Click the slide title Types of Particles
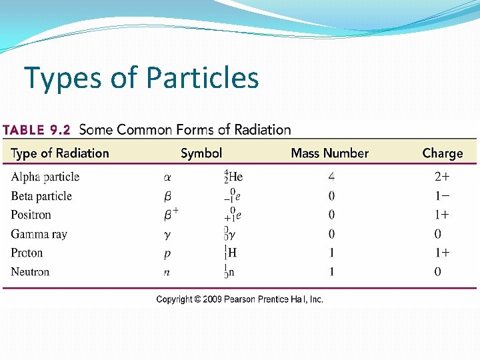point(141,78)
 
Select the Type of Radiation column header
point(60,153)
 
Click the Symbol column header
point(201,153)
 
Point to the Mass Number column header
point(329,153)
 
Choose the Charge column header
point(442,153)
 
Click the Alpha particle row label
point(45,177)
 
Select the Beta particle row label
point(41,196)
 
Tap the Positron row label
point(31,215)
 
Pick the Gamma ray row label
point(39,234)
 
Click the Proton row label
point(27,253)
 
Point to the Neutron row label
point(30,272)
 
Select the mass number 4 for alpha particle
point(331,177)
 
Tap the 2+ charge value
point(441,177)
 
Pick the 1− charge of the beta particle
point(441,196)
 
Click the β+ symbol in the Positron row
point(171,214)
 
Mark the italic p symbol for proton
point(167,253)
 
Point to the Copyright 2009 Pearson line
point(239,299)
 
